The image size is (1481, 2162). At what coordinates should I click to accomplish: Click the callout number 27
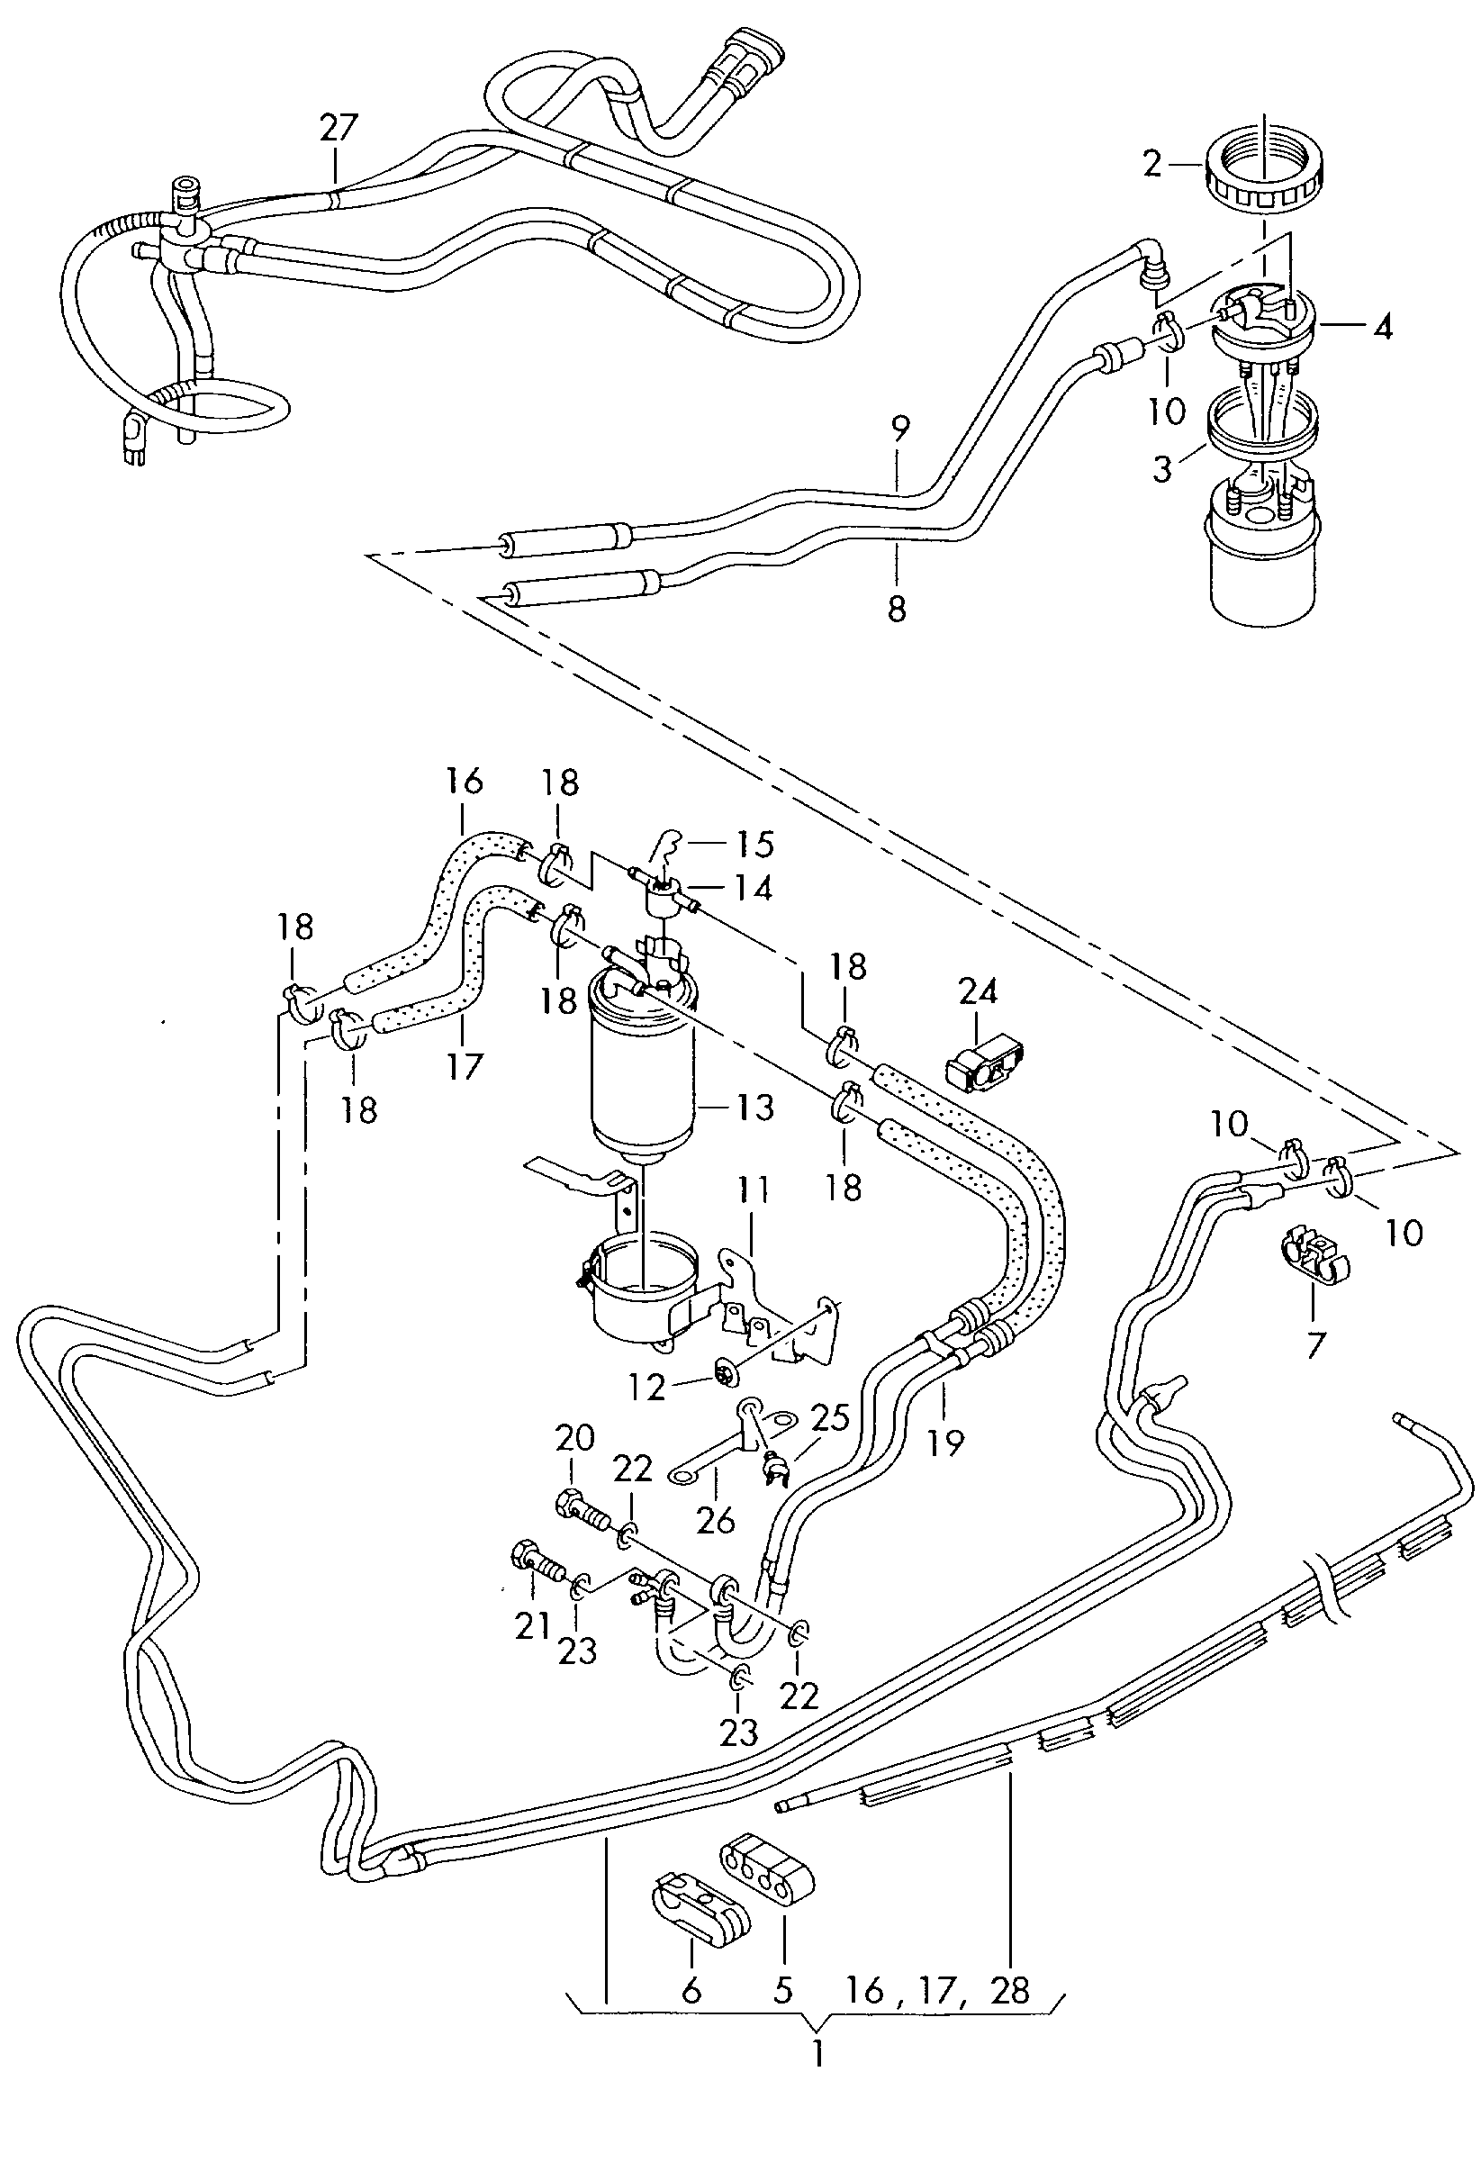tap(338, 127)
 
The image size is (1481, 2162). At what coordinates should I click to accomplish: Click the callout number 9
tap(899, 430)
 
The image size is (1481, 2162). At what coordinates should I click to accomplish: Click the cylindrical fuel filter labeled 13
tap(642, 1061)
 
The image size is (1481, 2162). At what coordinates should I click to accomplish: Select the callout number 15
tap(754, 844)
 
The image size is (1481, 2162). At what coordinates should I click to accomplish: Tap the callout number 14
tap(753, 889)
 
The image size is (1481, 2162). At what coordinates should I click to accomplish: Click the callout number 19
tap(946, 1443)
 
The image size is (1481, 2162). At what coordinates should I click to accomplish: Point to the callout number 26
tap(716, 1519)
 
